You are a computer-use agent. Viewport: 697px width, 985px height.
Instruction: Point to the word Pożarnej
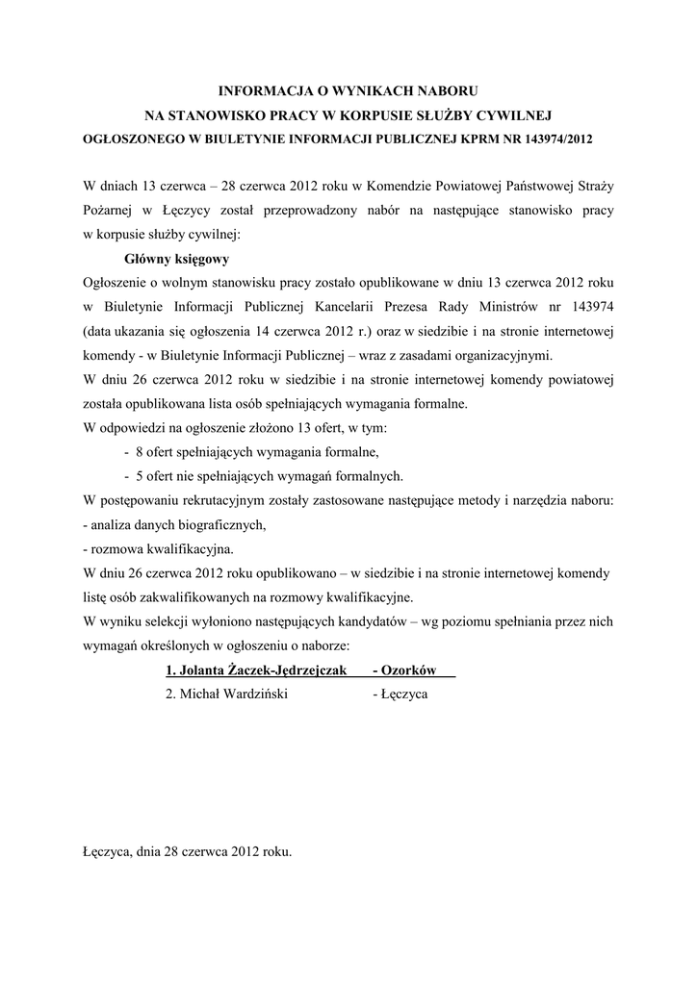pyautogui.click(x=109, y=209)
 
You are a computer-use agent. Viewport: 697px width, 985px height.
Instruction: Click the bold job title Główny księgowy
pyautogui.click(x=177, y=259)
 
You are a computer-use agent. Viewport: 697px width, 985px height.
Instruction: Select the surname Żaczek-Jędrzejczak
pyautogui.click(x=285, y=669)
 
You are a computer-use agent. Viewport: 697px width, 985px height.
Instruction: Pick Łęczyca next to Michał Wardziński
pyautogui.click(x=405, y=694)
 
